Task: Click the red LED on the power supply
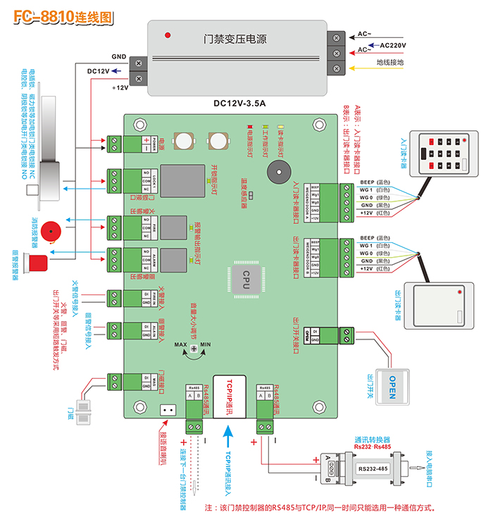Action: point(168,35)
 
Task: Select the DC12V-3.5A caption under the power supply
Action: point(239,104)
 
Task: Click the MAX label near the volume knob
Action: point(181,344)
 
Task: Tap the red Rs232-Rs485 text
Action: point(373,447)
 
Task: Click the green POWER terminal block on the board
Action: point(113,143)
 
